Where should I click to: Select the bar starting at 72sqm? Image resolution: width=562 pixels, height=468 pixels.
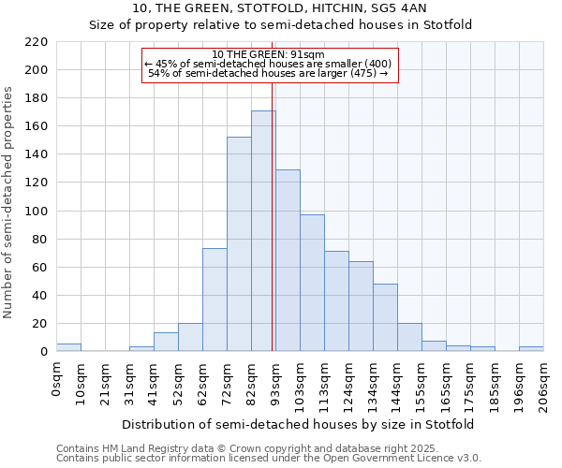click(239, 244)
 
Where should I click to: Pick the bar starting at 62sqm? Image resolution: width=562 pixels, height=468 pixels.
click(214, 300)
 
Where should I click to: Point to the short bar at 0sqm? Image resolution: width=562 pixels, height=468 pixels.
click(68, 347)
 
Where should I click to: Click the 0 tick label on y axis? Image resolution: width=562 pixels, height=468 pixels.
click(43, 352)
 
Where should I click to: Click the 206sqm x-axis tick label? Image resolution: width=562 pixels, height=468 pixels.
click(544, 385)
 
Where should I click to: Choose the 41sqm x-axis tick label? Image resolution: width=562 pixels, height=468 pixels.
click(155, 383)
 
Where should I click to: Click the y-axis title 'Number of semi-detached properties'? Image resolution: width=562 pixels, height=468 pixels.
click(8, 202)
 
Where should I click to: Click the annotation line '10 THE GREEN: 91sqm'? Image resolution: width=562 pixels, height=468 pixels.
click(269, 54)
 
